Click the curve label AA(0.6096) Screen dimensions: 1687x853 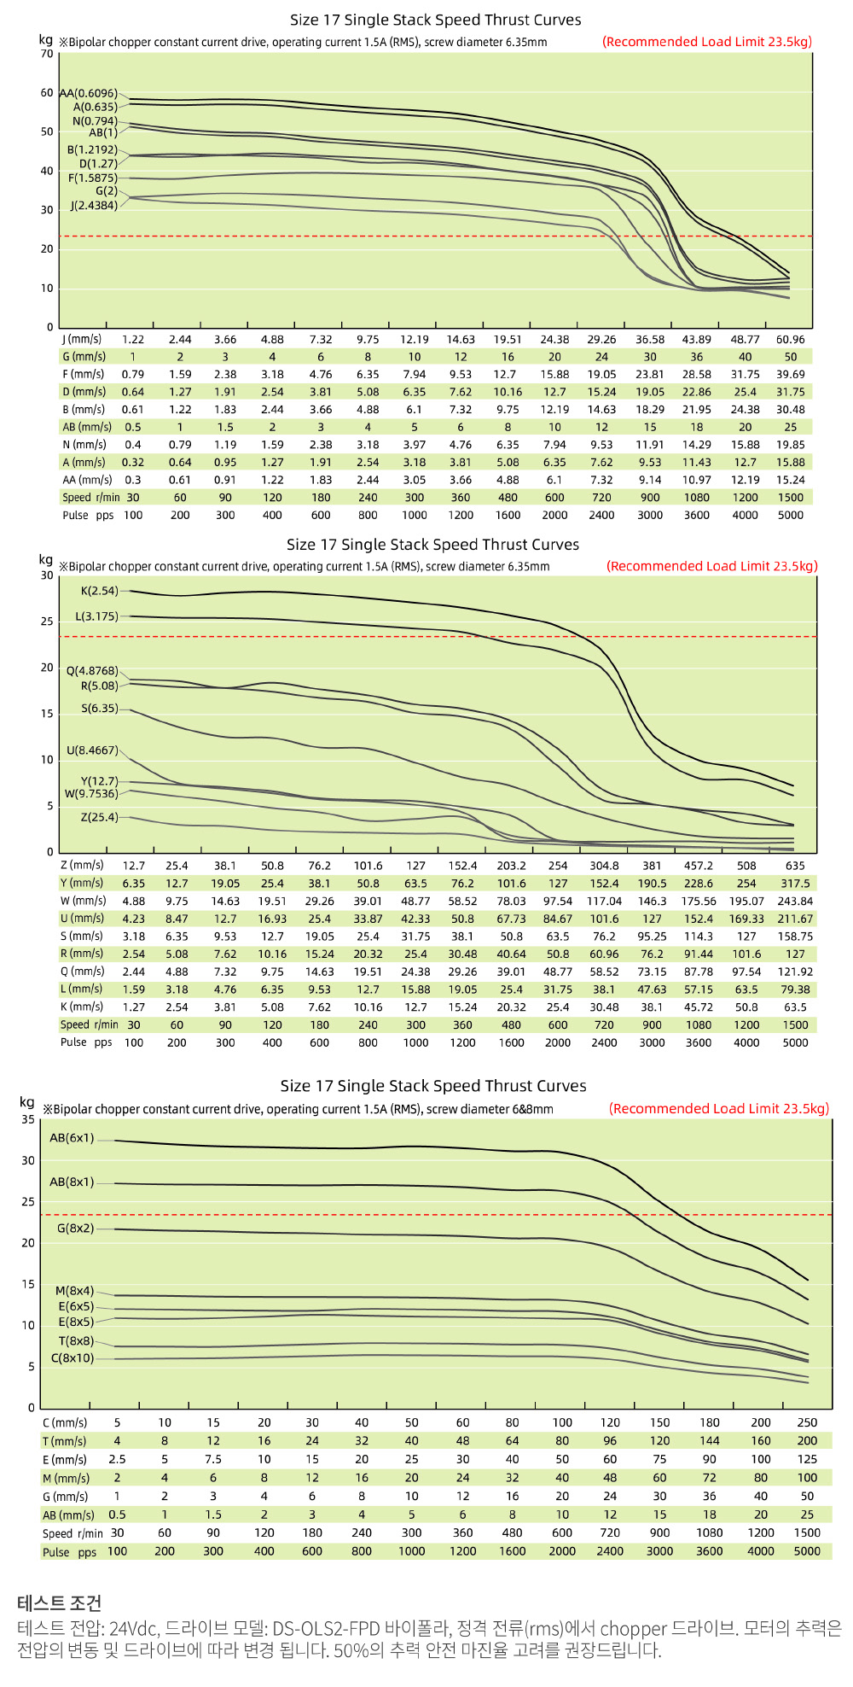pos(89,93)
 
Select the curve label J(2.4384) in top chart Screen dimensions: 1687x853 pos(94,206)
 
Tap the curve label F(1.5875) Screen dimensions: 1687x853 pos(93,178)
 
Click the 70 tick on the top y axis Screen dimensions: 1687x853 pos(47,54)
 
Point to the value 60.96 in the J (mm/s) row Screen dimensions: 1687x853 pos(791,339)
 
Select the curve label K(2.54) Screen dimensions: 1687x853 pos(100,591)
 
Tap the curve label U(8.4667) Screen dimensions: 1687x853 pos(93,750)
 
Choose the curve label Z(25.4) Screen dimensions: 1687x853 pos(100,817)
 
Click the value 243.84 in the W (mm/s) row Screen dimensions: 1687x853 pos(795,901)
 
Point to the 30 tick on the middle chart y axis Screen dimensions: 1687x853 pos(47,575)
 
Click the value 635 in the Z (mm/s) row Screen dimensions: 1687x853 pos(795,865)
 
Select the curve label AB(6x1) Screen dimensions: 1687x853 pos(72,1138)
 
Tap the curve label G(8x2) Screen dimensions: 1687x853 pos(76,1228)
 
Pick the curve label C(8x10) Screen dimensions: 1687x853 pos(73,1357)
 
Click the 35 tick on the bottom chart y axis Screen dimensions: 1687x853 pos(28,1119)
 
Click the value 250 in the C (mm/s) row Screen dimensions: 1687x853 pos(807,1422)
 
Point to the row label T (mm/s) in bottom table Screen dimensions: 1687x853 pos(65,1441)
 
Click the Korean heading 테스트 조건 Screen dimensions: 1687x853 pos(59,1602)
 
